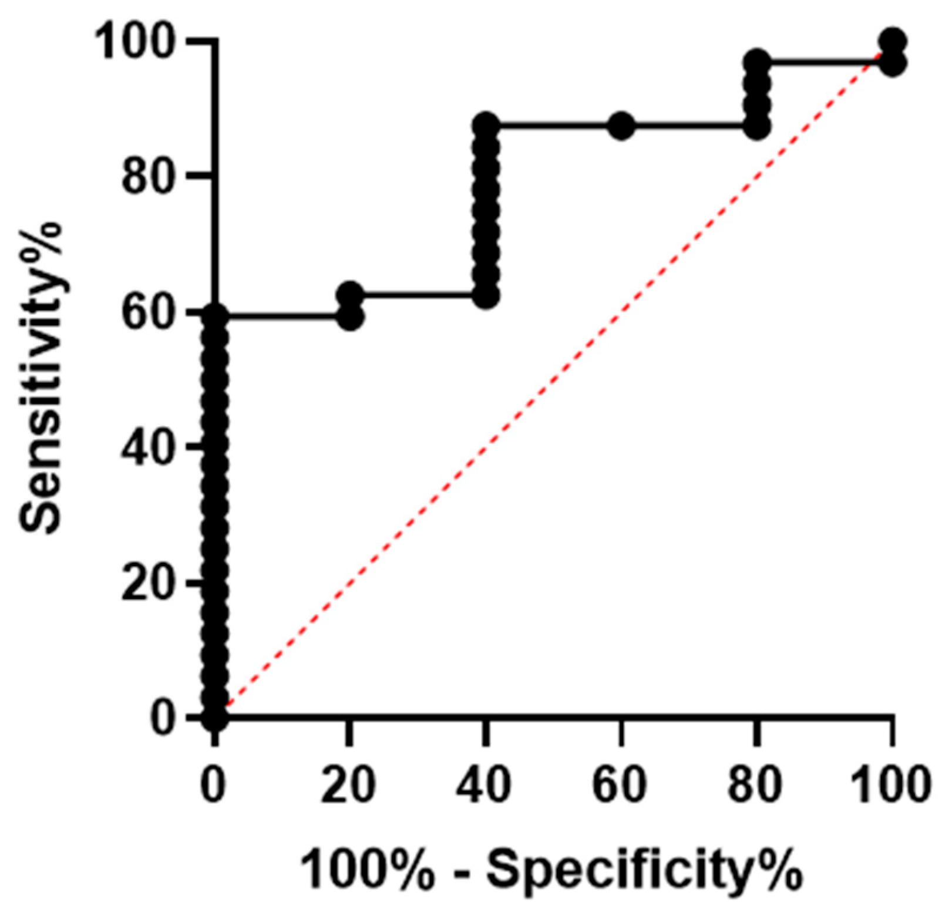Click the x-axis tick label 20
[x=349, y=785]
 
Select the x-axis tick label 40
[x=485, y=785]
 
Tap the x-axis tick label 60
[x=621, y=785]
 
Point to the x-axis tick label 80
[x=756, y=785]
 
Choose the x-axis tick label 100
[x=892, y=785]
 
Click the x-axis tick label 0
[x=215, y=785]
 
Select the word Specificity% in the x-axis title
[x=643, y=873]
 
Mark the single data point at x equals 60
[x=621, y=126]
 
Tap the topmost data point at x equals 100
[x=892, y=41]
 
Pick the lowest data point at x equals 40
[x=486, y=297]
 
